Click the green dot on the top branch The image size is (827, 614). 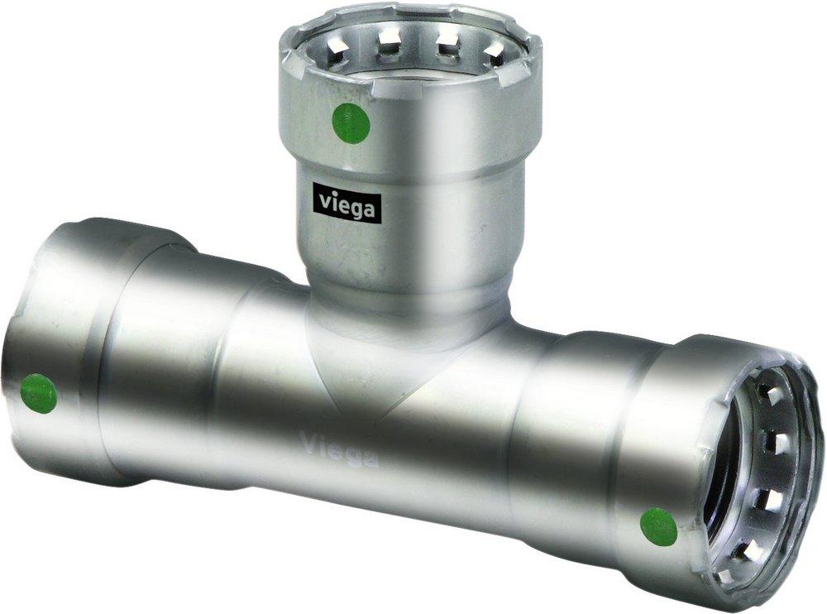pos(350,123)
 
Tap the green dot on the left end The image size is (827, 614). pos(39,393)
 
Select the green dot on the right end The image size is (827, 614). pos(658,526)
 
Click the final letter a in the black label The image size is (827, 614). pos(368,207)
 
